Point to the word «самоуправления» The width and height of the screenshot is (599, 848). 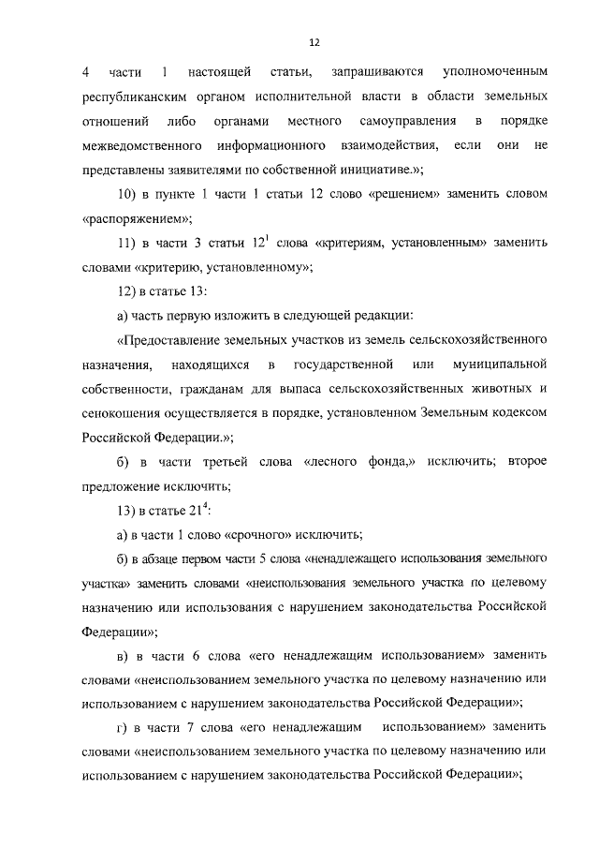[407, 121]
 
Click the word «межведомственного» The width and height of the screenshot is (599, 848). [143, 145]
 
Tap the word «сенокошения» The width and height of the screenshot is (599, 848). [120, 412]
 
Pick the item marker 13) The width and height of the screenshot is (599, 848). [126, 511]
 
